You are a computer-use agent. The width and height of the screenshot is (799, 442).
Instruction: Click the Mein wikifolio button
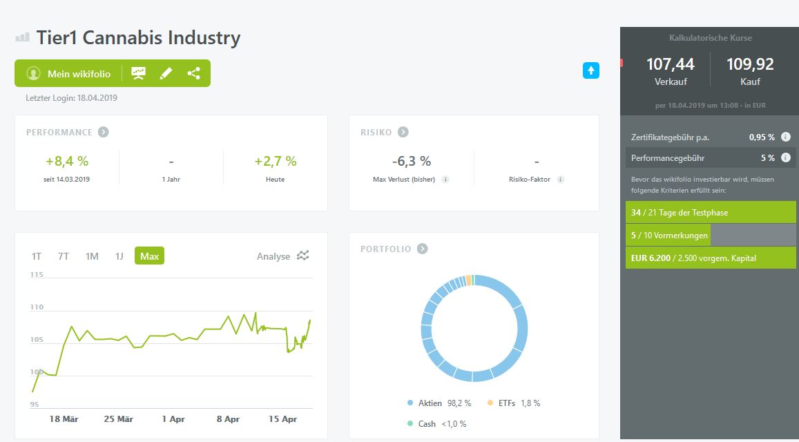(x=68, y=74)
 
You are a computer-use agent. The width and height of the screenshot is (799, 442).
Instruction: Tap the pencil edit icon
(x=166, y=73)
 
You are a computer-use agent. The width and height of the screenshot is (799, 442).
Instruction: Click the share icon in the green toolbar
(x=193, y=73)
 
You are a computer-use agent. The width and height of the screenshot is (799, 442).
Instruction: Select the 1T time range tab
(x=37, y=256)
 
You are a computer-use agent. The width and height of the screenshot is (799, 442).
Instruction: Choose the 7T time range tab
(x=64, y=256)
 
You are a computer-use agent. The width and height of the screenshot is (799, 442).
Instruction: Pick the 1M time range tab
(x=92, y=256)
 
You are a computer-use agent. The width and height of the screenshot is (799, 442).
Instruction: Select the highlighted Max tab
(x=149, y=256)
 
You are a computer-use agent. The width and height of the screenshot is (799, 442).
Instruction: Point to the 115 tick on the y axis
(x=36, y=275)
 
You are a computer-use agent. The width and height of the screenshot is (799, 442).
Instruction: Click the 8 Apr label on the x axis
(x=228, y=419)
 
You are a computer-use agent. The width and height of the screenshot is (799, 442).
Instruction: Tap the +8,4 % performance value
(x=67, y=162)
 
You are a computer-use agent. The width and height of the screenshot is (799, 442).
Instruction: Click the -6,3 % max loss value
(x=412, y=162)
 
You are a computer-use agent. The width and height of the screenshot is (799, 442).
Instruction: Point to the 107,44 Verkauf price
(x=670, y=65)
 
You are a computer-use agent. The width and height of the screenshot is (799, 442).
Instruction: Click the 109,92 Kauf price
(x=750, y=65)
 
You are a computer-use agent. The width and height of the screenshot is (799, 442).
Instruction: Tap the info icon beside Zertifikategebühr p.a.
(x=785, y=137)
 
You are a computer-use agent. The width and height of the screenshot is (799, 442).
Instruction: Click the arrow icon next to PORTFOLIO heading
(x=423, y=249)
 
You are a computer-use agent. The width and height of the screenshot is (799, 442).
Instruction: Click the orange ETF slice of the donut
(x=469, y=280)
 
